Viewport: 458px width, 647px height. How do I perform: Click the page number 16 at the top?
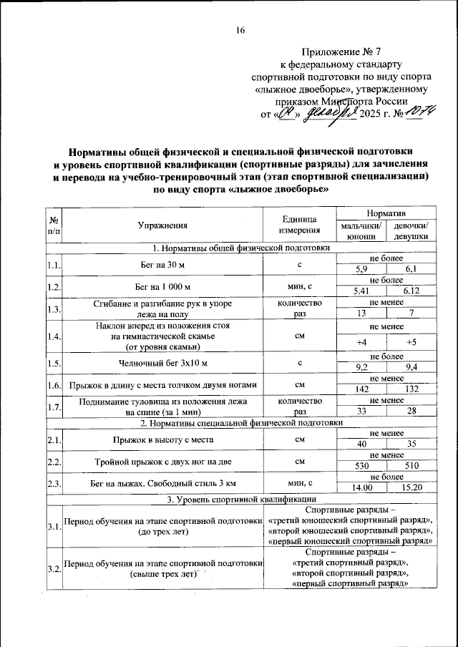pos(240,29)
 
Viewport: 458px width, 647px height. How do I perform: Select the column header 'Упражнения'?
pos(163,225)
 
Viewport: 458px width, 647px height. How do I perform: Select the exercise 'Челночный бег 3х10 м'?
pos(163,364)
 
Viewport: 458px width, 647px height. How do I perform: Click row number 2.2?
pos(53,463)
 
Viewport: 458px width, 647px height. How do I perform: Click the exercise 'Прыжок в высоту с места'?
pos(163,440)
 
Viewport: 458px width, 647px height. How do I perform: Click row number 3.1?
pos(53,527)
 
